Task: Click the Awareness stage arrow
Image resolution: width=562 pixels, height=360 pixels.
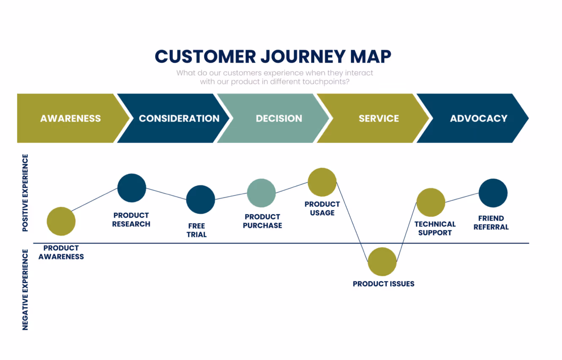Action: pyautogui.click(x=71, y=118)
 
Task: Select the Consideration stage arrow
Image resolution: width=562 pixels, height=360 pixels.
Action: pyautogui.click(x=179, y=118)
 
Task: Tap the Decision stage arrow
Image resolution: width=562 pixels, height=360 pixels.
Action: pyautogui.click(x=279, y=118)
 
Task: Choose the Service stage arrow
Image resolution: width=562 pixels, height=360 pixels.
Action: pyautogui.click(x=379, y=118)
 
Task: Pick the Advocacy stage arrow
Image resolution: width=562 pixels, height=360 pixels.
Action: pyautogui.click(x=478, y=118)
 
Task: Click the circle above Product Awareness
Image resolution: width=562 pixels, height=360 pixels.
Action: pyautogui.click(x=61, y=221)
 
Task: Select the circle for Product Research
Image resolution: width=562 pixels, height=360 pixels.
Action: pyautogui.click(x=132, y=188)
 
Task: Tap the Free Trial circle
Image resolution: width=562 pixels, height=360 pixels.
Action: pyautogui.click(x=201, y=199)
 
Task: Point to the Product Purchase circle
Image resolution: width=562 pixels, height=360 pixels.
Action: pyautogui.click(x=262, y=193)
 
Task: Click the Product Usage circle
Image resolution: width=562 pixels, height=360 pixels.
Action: pyautogui.click(x=322, y=182)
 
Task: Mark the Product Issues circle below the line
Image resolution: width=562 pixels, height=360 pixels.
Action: pyautogui.click(x=382, y=262)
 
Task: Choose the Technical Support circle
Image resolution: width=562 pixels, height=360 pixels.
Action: pyautogui.click(x=431, y=202)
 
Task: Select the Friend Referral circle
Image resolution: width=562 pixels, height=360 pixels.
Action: pyautogui.click(x=493, y=193)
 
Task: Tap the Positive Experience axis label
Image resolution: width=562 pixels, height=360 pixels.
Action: pyautogui.click(x=25, y=193)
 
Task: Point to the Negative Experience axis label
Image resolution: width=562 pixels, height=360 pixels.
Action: pyautogui.click(x=25, y=289)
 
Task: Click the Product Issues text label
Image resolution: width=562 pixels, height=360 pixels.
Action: pyautogui.click(x=383, y=284)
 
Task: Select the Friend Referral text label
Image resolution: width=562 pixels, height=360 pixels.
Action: pyautogui.click(x=491, y=223)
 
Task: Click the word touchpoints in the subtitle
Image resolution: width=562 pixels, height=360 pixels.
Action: pyautogui.click(x=325, y=82)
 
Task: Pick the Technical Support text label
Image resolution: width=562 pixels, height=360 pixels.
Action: pyautogui.click(x=435, y=228)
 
